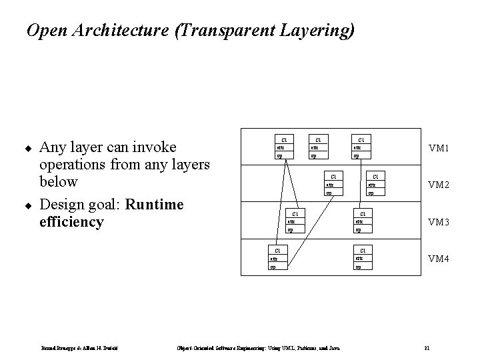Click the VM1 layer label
click(439, 147)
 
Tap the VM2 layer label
click(439, 185)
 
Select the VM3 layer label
click(439, 221)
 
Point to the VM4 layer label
click(439, 258)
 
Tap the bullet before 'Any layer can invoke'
click(29, 147)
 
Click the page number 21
click(427, 347)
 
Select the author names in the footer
click(80, 347)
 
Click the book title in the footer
click(248, 347)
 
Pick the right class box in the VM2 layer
click(375, 185)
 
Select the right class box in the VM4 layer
click(363, 258)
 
